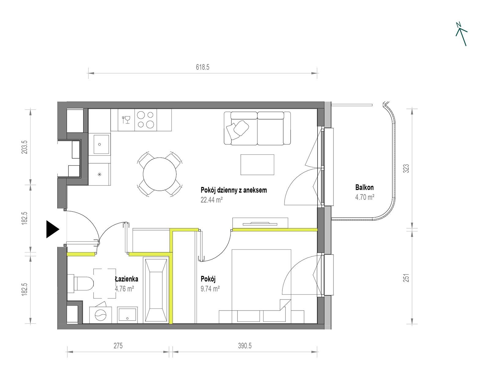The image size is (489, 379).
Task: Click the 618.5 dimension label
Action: (203, 67)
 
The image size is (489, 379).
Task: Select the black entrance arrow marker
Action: (53, 229)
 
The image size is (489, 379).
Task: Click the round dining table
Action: (160, 174)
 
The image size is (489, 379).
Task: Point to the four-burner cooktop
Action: (145, 120)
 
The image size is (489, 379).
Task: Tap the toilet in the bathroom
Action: (81, 284)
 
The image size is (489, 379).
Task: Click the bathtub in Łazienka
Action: (156, 290)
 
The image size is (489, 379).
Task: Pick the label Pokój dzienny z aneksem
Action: (233, 190)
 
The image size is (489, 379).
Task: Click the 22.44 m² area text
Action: (211, 200)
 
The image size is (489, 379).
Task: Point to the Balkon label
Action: (364, 187)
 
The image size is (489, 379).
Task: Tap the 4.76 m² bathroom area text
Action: (124, 289)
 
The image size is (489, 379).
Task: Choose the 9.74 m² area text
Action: (210, 289)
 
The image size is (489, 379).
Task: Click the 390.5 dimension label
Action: (245, 346)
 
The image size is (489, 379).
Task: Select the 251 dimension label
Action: (406, 278)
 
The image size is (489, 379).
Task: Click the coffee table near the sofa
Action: (257, 164)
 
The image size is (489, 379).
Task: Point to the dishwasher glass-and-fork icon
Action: (126, 120)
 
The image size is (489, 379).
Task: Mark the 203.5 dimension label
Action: (24, 147)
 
